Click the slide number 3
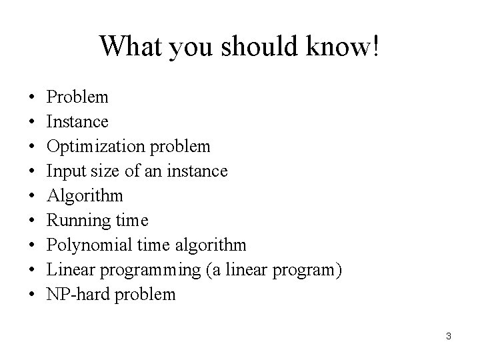pos(449,336)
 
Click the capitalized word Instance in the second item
pos(77,122)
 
